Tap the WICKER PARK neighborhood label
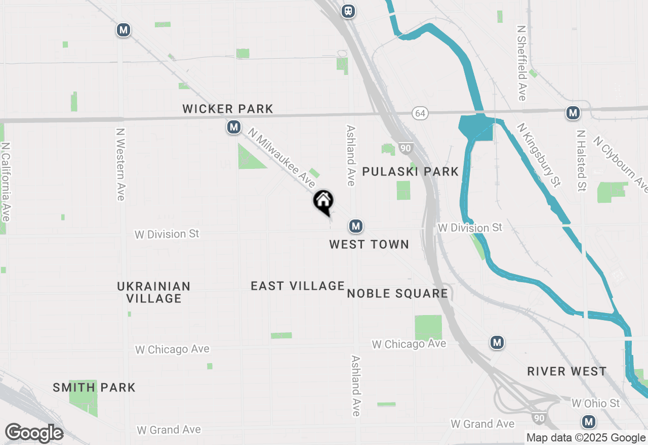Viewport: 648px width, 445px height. pos(228,109)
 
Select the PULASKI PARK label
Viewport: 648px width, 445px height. pos(411,172)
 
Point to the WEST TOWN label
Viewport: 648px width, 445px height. pos(369,245)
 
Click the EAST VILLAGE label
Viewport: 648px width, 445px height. pos(298,286)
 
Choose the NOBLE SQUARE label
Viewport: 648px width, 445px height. pos(397,294)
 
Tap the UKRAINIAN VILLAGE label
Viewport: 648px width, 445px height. pos(154,292)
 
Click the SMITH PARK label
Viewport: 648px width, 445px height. pos(94,388)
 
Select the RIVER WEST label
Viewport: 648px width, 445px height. pos(566,372)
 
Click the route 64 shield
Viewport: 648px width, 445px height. pos(420,113)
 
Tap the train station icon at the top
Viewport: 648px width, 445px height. pos(348,11)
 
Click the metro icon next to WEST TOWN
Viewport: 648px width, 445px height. pos(356,226)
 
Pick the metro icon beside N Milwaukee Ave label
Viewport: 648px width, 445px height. pos(233,127)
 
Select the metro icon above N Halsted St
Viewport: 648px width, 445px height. pos(573,113)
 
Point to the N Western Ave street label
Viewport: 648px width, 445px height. pos(120,164)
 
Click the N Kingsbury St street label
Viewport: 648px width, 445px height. pos(540,155)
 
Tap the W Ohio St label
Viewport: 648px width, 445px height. pos(595,403)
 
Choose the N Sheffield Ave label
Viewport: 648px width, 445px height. pos(522,63)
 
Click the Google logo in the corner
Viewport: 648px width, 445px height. pos(34,433)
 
